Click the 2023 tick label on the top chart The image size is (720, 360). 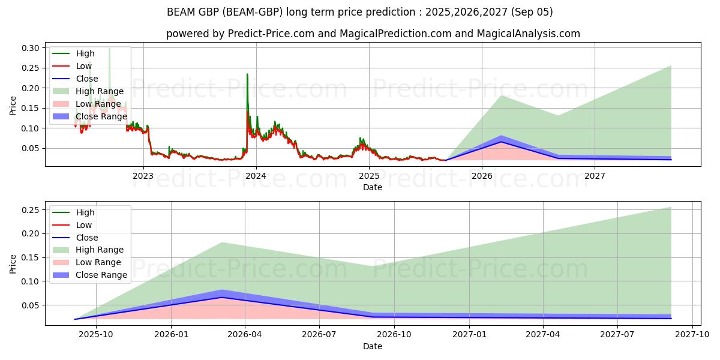(x=143, y=176)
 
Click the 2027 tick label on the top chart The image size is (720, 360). (x=595, y=176)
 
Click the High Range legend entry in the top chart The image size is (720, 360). (x=100, y=91)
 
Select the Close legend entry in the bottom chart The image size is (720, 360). (x=87, y=238)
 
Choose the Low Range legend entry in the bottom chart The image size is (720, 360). (x=98, y=262)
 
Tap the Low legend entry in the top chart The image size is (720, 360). (x=84, y=66)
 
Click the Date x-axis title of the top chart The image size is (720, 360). (x=373, y=187)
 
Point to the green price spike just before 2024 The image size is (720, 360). (x=247, y=74)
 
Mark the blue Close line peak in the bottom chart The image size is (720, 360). (x=222, y=297)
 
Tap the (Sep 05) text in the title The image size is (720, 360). (x=532, y=12)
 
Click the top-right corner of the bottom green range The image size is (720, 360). (x=671, y=208)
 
